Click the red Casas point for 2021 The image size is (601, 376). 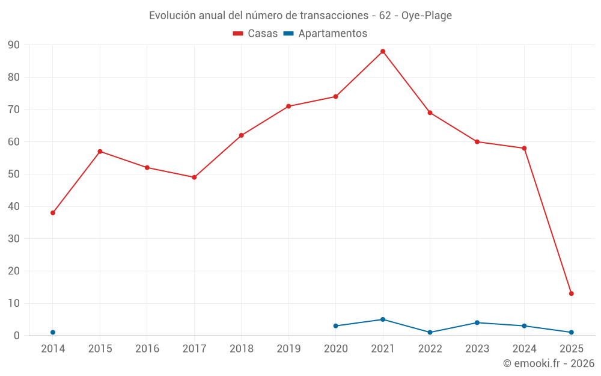click(383, 52)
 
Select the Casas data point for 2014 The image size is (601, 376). click(53, 213)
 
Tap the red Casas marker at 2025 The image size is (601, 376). click(572, 294)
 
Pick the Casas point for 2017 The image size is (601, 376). click(194, 177)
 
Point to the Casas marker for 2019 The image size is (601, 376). click(288, 106)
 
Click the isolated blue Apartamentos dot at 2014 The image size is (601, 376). click(53, 332)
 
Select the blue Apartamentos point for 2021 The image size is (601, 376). click(383, 319)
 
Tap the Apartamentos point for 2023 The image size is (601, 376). click(477, 322)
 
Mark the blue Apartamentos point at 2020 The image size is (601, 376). click(335, 326)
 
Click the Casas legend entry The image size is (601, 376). click(255, 34)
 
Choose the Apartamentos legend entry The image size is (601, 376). click(325, 34)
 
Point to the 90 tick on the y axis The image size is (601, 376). click(13, 45)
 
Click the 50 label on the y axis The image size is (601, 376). click(13, 174)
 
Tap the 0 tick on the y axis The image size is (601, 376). click(17, 336)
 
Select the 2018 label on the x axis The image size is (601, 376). click(242, 349)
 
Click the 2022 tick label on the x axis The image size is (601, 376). click(430, 349)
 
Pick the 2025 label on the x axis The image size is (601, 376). click(572, 349)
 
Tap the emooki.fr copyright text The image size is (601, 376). click(549, 363)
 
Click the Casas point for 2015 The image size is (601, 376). click(100, 152)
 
